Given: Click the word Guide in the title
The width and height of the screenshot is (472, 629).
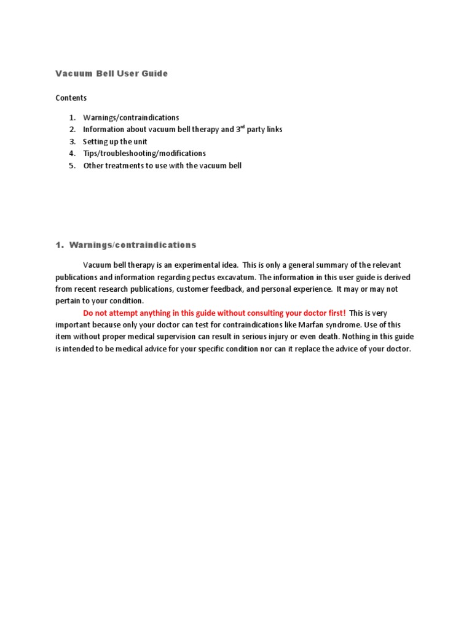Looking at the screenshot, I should pyautogui.click(x=154, y=74).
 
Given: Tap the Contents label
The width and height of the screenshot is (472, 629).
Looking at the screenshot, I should pyautogui.click(x=71, y=98).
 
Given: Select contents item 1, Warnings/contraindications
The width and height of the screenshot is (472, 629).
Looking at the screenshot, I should pyautogui.click(x=131, y=117).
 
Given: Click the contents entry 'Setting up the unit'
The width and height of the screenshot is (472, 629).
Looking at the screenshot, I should pyautogui.click(x=115, y=141).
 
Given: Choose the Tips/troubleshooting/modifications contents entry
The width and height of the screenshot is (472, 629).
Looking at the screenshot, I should pyautogui.click(x=144, y=154).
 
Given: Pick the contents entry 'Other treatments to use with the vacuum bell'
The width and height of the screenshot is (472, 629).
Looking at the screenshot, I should pyautogui.click(x=162, y=166).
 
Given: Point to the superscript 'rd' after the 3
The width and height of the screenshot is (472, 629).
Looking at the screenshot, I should pyautogui.click(x=243, y=127).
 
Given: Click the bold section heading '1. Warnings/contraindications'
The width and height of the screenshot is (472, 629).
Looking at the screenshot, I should pyautogui.click(x=126, y=245).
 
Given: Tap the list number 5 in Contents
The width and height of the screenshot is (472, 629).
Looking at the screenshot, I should pyautogui.click(x=71, y=166).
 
